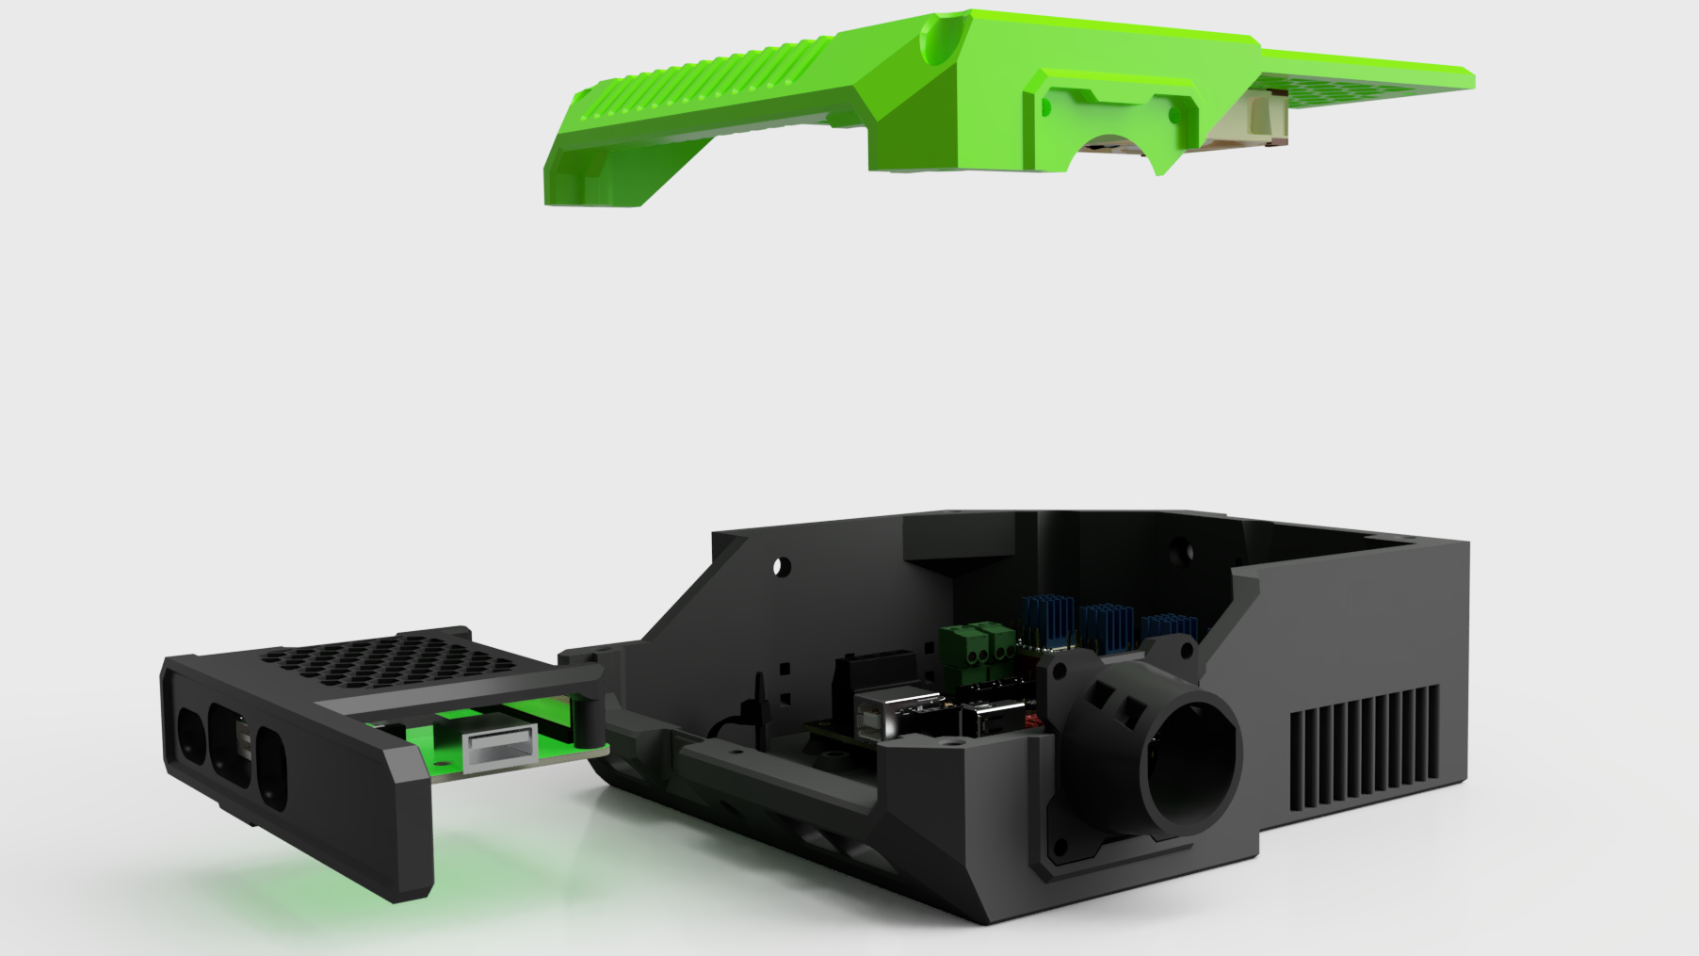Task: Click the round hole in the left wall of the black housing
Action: point(781,567)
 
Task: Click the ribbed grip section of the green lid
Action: point(716,70)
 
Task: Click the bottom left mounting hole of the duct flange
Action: point(1062,848)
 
